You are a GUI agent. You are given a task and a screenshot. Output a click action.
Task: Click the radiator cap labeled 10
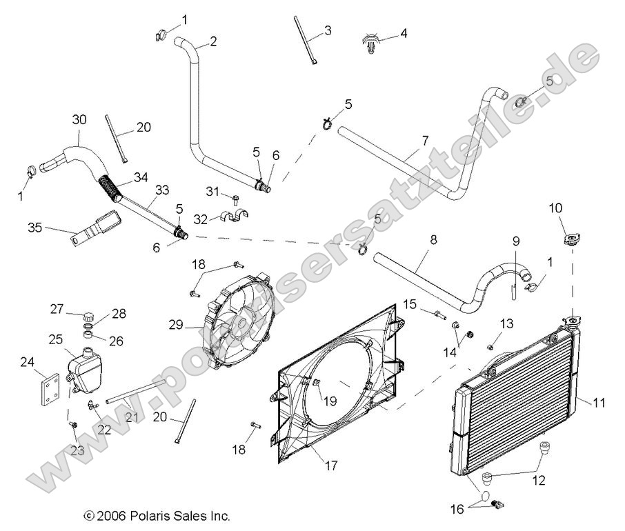(x=570, y=239)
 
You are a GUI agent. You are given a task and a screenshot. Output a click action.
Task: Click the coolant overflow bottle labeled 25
(x=86, y=370)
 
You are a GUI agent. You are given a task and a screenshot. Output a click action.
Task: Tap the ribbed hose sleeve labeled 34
(x=113, y=187)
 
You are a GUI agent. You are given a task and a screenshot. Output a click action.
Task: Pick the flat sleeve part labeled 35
(x=95, y=228)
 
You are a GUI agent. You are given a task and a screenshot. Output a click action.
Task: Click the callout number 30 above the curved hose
(x=79, y=119)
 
